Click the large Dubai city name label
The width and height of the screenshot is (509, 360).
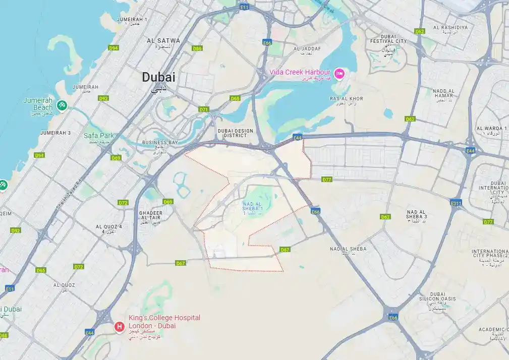158,77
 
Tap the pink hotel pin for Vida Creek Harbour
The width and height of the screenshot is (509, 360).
340,74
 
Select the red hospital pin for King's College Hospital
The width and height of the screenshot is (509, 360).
120,327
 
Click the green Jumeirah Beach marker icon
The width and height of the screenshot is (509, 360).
62,105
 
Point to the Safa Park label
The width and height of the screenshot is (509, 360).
99,136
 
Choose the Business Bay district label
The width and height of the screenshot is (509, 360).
160,143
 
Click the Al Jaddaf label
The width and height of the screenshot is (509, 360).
307,49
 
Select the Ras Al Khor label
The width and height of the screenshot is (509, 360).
346,99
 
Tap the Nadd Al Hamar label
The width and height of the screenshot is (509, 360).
443,93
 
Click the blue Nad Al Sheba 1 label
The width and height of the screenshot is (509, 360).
252,206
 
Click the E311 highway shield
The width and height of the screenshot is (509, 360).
456,203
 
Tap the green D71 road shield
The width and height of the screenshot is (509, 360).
204,109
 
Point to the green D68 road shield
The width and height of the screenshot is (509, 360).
235,98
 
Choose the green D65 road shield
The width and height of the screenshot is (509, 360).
41,270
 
